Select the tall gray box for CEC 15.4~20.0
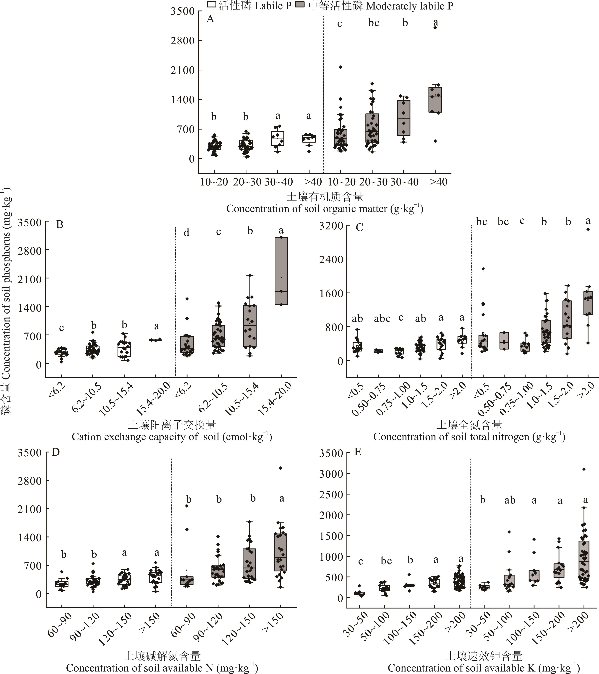coord(281,271)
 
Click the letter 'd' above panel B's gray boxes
coord(186,233)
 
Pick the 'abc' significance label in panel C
coord(382,319)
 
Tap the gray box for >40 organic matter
coord(435,100)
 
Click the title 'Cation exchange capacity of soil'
coord(172,437)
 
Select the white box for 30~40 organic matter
coord(278,138)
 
